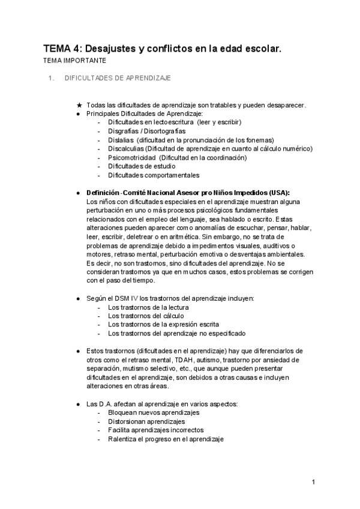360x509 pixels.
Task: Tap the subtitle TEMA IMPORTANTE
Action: click(x=74, y=61)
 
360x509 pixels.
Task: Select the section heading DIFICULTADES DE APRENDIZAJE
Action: click(x=118, y=78)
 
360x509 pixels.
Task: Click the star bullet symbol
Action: click(x=79, y=104)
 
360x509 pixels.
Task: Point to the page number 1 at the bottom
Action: click(x=313, y=482)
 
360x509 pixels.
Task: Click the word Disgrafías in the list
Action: click(x=122, y=131)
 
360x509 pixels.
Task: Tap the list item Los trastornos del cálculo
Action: click(x=146, y=316)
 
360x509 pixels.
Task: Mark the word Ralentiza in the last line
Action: click(x=123, y=439)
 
